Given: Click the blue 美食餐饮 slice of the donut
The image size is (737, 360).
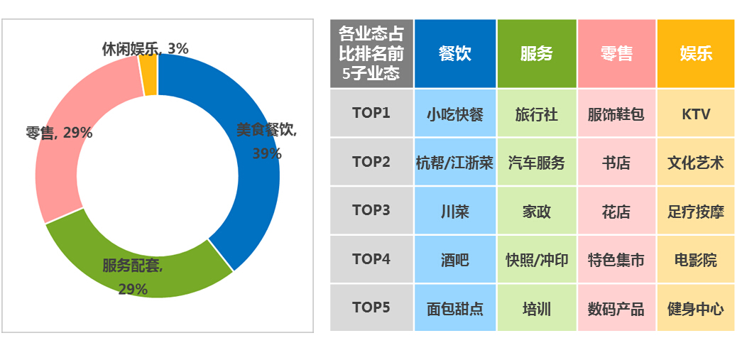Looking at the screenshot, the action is (256, 197).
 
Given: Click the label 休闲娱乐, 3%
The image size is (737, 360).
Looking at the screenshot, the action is (146, 48).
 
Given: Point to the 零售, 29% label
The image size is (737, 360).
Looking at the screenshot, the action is (59, 133).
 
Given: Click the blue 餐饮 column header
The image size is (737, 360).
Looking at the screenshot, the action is (455, 53).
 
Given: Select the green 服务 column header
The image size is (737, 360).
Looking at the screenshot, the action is (537, 53).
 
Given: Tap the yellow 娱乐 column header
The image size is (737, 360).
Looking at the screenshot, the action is (697, 53).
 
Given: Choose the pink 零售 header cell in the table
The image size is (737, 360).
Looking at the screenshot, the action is (617, 53).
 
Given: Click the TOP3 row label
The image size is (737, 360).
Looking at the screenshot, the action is (371, 210).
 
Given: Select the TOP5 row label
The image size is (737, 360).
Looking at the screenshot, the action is (371, 307).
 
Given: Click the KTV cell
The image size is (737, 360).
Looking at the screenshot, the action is (696, 114).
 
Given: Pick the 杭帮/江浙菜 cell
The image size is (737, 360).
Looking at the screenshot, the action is (455, 163).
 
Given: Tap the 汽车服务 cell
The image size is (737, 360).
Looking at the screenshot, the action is (537, 163).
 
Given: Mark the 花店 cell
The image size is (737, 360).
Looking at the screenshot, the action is (617, 212).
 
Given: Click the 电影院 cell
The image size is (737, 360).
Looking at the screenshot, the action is (696, 260).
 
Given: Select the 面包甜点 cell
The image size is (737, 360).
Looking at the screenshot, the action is (455, 309).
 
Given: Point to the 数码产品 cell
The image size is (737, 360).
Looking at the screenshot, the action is (617, 309).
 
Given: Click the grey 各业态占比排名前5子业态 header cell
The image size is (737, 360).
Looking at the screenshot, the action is (371, 53).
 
